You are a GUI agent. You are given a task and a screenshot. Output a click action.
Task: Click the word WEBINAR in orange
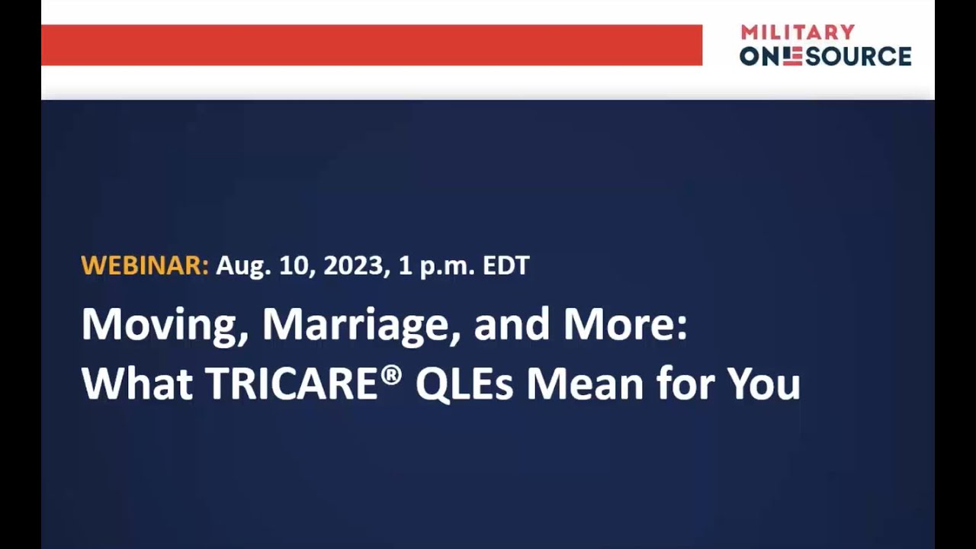(144, 265)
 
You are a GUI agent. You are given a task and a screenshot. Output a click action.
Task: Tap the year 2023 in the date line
(352, 265)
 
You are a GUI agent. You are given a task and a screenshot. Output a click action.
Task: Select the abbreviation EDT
(506, 265)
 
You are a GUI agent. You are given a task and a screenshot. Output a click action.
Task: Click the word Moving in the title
(163, 325)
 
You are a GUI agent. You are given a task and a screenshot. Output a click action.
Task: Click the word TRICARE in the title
(292, 383)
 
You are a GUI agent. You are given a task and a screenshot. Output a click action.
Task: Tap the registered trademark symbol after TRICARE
(391, 374)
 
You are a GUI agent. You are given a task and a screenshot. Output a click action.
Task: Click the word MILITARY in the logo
(798, 32)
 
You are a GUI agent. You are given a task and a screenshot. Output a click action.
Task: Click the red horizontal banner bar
(371, 45)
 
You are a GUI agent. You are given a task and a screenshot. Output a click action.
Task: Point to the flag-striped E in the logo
(793, 56)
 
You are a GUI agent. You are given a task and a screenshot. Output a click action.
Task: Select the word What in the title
(137, 383)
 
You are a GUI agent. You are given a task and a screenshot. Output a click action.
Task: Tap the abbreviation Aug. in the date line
(242, 265)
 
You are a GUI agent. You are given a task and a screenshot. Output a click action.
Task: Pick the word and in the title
(512, 325)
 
